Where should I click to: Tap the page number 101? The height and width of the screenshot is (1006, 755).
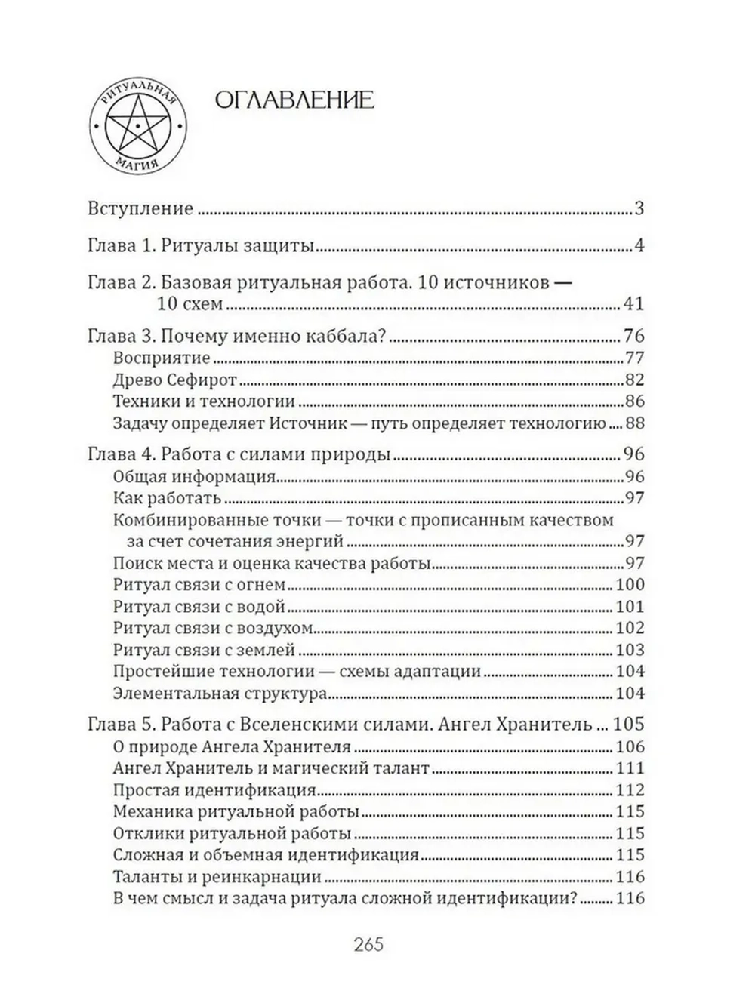[x=629, y=607]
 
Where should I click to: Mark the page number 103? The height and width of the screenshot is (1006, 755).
[x=629, y=650]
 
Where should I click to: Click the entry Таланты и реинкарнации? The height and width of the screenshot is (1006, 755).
[x=217, y=877]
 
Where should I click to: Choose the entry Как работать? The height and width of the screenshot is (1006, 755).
[x=166, y=498]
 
